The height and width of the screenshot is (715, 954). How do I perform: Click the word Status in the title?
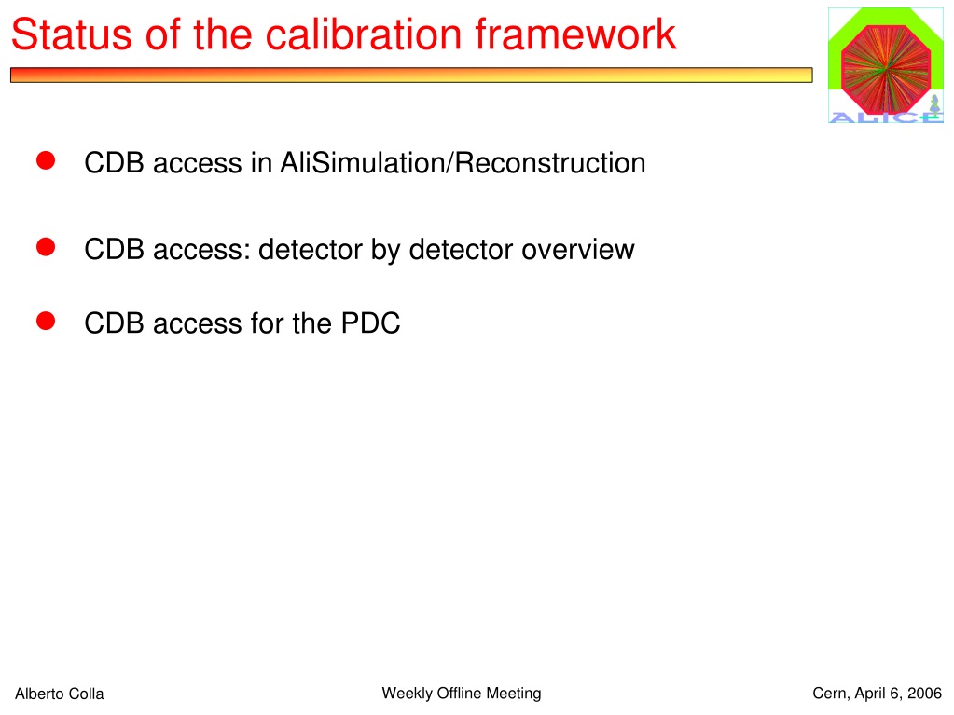[71, 34]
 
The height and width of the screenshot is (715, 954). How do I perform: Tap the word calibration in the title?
[364, 34]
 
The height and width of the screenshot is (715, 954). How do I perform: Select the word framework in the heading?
[575, 34]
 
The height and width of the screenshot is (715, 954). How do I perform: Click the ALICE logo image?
[886, 65]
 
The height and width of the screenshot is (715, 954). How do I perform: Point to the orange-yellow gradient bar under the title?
[411, 75]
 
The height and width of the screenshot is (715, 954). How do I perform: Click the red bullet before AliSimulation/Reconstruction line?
[46, 160]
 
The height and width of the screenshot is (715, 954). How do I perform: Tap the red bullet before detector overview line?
[46, 247]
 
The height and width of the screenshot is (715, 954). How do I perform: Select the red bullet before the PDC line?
[46, 321]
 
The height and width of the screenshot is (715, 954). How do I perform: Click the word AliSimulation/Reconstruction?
[463, 163]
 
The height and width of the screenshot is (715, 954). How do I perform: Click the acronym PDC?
[370, 323]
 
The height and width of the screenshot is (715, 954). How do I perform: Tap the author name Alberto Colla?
[60, 694]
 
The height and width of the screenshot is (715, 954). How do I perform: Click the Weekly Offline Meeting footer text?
[462, 694]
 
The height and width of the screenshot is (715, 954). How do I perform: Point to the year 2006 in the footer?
[925, 694]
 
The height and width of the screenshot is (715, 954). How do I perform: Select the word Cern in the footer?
[829, 694]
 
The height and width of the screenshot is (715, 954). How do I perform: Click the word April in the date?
[871, 694]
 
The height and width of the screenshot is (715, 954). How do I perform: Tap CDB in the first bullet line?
[114, 163]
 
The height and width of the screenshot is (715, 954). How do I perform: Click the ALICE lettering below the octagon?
[886, 117]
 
